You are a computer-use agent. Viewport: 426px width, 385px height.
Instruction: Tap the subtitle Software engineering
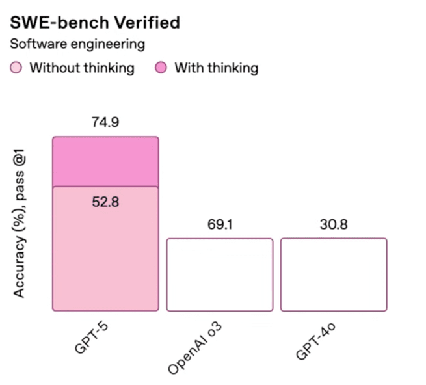point(77,44)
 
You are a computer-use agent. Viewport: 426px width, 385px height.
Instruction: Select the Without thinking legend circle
point(17,68)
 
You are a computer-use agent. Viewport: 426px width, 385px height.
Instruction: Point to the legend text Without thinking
point(82,68)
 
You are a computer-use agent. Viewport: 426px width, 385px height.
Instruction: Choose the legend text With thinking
point(216,68)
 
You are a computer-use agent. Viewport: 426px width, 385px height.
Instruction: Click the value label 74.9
point(105,122)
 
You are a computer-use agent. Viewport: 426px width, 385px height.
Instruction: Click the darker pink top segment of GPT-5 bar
point(105,161)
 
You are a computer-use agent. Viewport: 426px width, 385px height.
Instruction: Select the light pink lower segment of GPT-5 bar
point(105,260)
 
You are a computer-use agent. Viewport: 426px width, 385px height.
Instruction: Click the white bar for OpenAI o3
point(220,274)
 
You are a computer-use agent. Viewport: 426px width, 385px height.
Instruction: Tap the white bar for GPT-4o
point(334,274)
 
